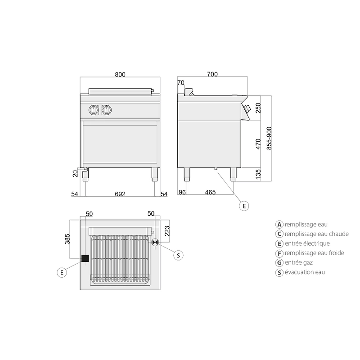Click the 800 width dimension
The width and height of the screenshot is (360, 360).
(x=120, y=75)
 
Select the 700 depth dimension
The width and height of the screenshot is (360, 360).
(x=212, y=74)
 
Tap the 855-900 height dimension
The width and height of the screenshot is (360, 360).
(x=269, y=138)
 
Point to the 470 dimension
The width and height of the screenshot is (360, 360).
(x=258, y=144)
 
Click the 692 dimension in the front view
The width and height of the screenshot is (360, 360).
(x=120, y=194)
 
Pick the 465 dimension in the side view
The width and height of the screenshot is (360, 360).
(x=210, y=192)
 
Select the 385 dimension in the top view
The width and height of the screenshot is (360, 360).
(x=67, y=239)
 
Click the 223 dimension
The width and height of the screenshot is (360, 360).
(x=167, y=231)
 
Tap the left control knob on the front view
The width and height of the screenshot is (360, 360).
(x=94, y=110)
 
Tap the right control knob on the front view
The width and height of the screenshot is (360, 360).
(x=107, y=110)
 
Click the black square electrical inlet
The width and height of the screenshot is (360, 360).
(x=85, y=258)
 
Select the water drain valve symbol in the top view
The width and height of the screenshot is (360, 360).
(x=155, y=242)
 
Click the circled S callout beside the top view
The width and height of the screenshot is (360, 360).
(x=178, y=255)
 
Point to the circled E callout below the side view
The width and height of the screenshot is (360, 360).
(x=244, y=206)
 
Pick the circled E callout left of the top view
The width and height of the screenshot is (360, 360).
(x=62, y=273)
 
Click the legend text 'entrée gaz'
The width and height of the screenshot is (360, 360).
(x=299, y=262)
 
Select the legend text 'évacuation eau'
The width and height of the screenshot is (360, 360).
(x=305, y=272)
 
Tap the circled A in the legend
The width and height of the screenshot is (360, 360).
(x=279, y=225)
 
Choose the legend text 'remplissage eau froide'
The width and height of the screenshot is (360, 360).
(x=315, y=253)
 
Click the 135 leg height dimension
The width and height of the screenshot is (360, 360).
(x=258, y=174)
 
